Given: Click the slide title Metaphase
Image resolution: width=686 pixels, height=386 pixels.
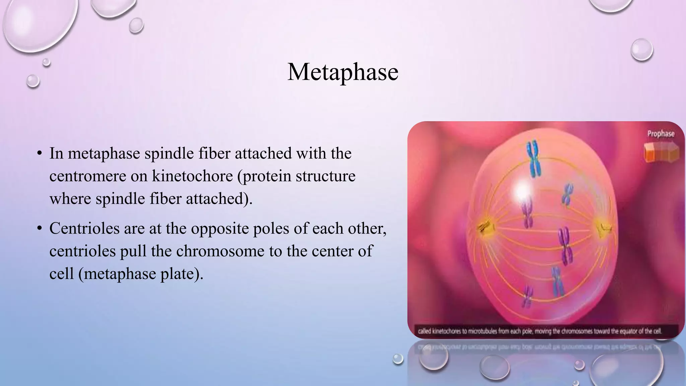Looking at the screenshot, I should pos(343,72).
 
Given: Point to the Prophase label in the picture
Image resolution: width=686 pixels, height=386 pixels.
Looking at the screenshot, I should pos(661,134).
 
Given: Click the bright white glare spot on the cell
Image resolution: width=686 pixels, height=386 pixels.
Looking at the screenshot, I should pos(522,191).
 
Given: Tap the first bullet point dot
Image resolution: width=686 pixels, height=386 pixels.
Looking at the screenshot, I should pos(40,154).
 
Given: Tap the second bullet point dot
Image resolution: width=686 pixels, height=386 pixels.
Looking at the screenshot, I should pos(40,229).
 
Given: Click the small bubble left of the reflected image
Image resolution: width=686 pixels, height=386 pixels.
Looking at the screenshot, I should pos(398,359).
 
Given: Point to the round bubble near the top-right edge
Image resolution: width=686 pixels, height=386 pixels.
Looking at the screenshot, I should pos(641,50).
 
